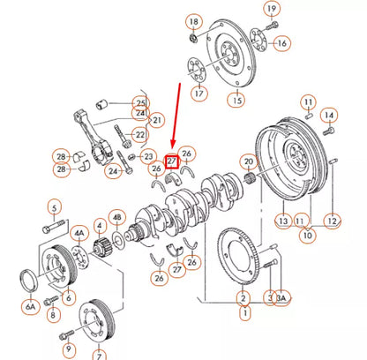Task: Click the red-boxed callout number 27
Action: tap(172, 160)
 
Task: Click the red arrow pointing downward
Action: tap(177, 115)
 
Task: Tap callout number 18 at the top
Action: tap(194, 19)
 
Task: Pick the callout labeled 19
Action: tap(272, 10)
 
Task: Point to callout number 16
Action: tap(281, 42)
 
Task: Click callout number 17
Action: tap(199, 93)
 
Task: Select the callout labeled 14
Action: tap(328, 115)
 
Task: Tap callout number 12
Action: tap(331, 221)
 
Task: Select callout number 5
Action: tap(54, 208)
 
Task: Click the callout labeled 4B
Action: tap(117, 216)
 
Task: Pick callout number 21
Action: tap(157, 120)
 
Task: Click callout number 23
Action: tap(149, 156)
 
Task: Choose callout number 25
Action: tap(140, 102)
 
